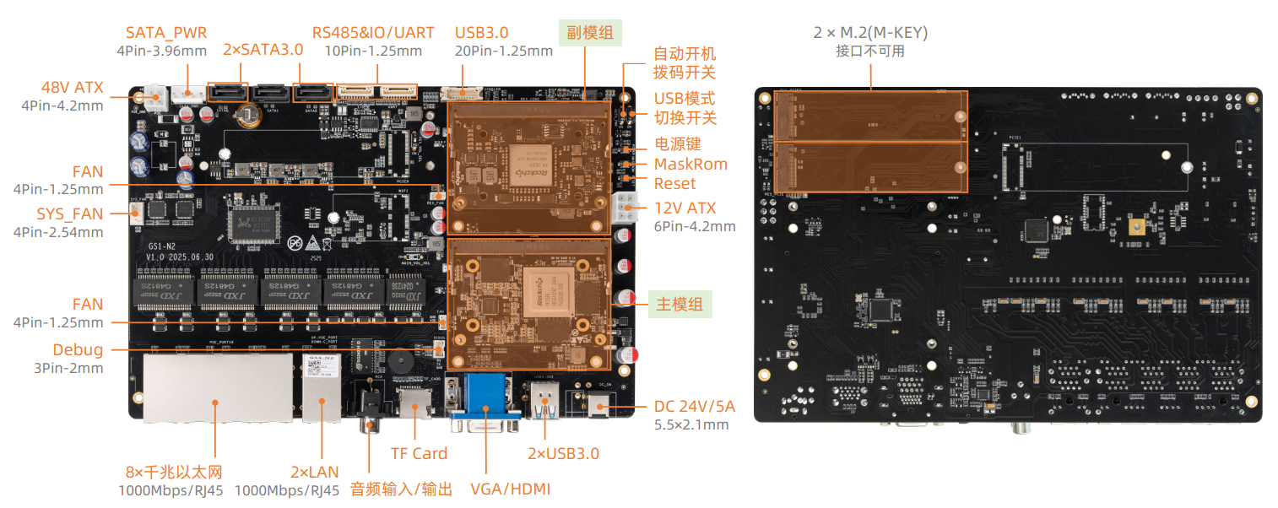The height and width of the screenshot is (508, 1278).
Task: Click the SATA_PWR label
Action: coord(167,33)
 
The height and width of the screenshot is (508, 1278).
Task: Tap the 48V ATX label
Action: coord(72,88)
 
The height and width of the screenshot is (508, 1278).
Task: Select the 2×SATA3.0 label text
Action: coord(263,50)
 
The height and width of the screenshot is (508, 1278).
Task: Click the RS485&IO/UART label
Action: coord(373,33)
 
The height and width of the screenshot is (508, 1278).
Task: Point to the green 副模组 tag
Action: coord(591,33)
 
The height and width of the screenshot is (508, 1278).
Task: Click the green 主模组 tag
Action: coord(680,304)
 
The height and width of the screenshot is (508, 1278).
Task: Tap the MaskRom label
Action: coord(690,164)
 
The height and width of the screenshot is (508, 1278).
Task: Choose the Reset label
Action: coord(674,183)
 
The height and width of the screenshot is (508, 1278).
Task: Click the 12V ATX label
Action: coord(685,208)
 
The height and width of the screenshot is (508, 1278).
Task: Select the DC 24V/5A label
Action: coord(694,406)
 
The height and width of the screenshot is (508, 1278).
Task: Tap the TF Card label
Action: coord(419,453)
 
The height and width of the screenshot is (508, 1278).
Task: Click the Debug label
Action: coord(78,349)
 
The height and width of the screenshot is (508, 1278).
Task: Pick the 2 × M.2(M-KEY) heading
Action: coord(870,33)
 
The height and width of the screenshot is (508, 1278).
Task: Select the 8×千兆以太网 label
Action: coord(173,471)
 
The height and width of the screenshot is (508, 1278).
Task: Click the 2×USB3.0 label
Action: coord(563,453)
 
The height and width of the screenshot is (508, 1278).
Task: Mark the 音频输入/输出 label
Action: coord(401,489)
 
